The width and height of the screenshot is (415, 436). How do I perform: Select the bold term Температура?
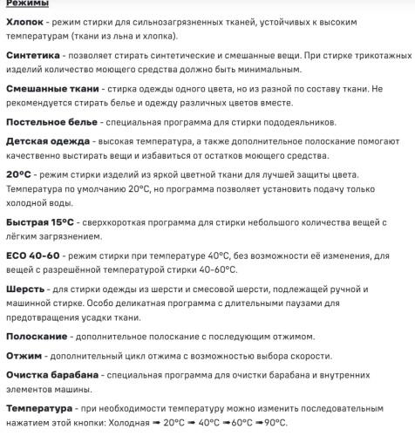click(39, 407)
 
